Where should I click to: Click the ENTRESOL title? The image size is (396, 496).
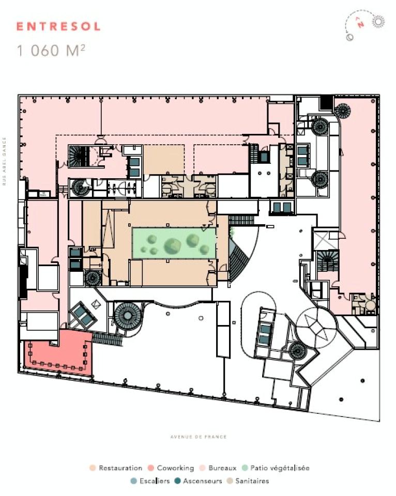[58, 27]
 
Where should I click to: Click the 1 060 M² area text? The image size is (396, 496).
[51, 51]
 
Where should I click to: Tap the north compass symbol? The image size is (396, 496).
[365, 26]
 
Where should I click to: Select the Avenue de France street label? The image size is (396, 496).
[199, 437]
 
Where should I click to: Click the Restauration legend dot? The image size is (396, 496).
[93, 468]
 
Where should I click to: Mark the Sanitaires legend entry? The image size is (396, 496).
[248, 481]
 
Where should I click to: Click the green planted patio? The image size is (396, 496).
[174, 243]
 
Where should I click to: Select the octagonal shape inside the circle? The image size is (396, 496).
[315, 327]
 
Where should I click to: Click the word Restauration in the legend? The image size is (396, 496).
[120, 468]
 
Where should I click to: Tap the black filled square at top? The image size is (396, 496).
[326, 102]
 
